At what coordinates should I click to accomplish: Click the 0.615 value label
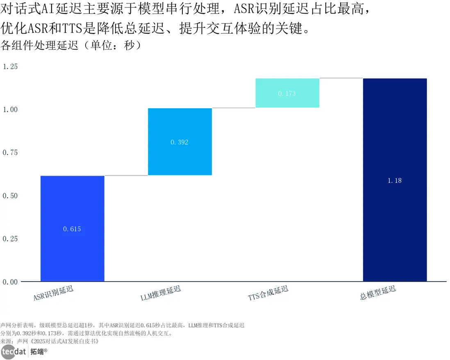[x=72, y=229]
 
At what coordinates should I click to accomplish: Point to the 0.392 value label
[x=180, y=143]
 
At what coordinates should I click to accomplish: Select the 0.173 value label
[x=287, y=93]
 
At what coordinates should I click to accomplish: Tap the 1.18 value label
[x=395, y=180]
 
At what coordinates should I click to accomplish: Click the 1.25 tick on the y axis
[x=10, y=66]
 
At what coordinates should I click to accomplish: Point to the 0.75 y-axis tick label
[x=10, y=153]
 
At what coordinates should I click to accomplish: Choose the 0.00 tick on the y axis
[x=10, y=282]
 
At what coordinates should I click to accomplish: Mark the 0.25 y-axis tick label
[x=10, y=239]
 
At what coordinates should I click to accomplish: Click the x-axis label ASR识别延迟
[x=54, y=294]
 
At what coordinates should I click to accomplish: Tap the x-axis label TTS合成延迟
[x=268, y=294]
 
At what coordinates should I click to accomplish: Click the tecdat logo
[x=14, y=352]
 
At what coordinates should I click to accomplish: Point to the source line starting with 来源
[x=50, y=341]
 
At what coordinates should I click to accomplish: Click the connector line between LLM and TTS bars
[x=234, y=108]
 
